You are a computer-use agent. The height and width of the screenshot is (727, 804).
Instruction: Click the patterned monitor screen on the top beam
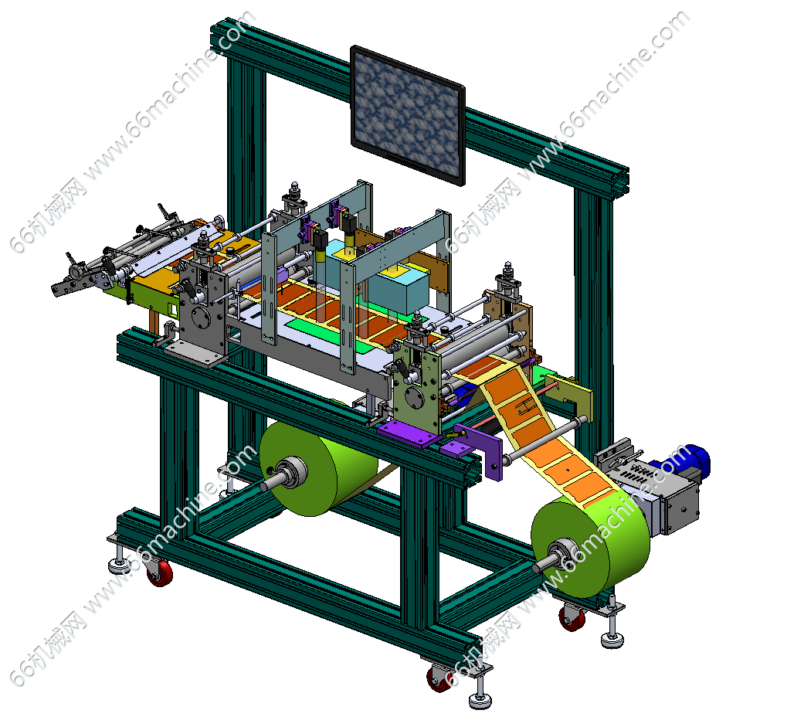[x=408, y=114]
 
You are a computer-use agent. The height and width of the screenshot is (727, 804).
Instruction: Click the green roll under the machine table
[x=319, y=469]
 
